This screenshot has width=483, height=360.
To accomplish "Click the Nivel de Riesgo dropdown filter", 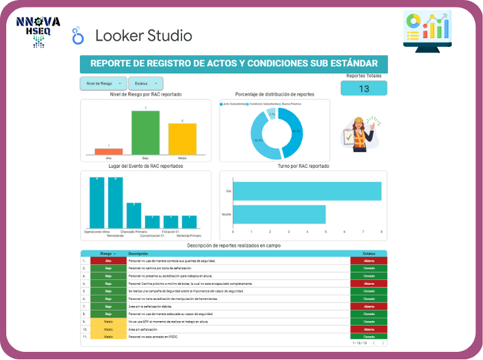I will pos(103,83).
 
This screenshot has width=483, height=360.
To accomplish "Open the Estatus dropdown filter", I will pos(145,83).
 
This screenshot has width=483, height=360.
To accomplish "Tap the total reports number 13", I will pos(364,89).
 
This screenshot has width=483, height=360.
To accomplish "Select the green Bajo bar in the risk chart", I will pos(145,133).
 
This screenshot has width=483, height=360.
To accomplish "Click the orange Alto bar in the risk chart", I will pos(108,151).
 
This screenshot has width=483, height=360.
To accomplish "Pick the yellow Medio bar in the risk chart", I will pos(182,138).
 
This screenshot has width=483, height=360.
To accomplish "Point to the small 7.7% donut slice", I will pos(271,113).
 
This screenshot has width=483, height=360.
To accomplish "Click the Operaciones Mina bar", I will pos(98,203).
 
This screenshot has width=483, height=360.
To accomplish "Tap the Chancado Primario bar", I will pos(134,215).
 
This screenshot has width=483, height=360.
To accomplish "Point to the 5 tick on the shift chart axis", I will pos(326,232).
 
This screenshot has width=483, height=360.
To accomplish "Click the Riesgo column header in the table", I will pos(108,254).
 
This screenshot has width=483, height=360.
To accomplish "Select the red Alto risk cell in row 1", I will pos(108,260).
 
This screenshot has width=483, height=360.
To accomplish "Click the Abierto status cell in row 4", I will pos(369,283).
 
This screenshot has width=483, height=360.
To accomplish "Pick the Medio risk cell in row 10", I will pos(108,329).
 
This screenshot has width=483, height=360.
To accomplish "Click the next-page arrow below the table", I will pos(383,343).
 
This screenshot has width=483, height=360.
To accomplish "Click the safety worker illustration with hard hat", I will pos(360,133).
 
